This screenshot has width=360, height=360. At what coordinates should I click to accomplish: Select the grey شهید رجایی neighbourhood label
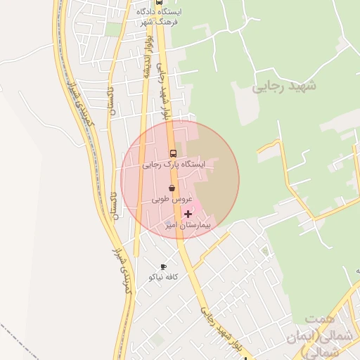point(284,86)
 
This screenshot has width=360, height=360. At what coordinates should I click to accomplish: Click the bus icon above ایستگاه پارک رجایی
point(173,153)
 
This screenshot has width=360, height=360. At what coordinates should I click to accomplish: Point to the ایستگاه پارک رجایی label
point(173,165)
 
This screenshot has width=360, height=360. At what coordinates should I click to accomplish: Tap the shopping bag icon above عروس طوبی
point(173,188)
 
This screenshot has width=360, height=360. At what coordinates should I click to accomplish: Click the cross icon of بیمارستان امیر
point(188,214)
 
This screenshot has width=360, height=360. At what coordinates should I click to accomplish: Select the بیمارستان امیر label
point(188,225)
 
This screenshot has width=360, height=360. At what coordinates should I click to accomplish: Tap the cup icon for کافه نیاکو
point(164,267)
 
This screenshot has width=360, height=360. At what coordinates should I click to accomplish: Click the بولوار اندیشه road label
point(148,70)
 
